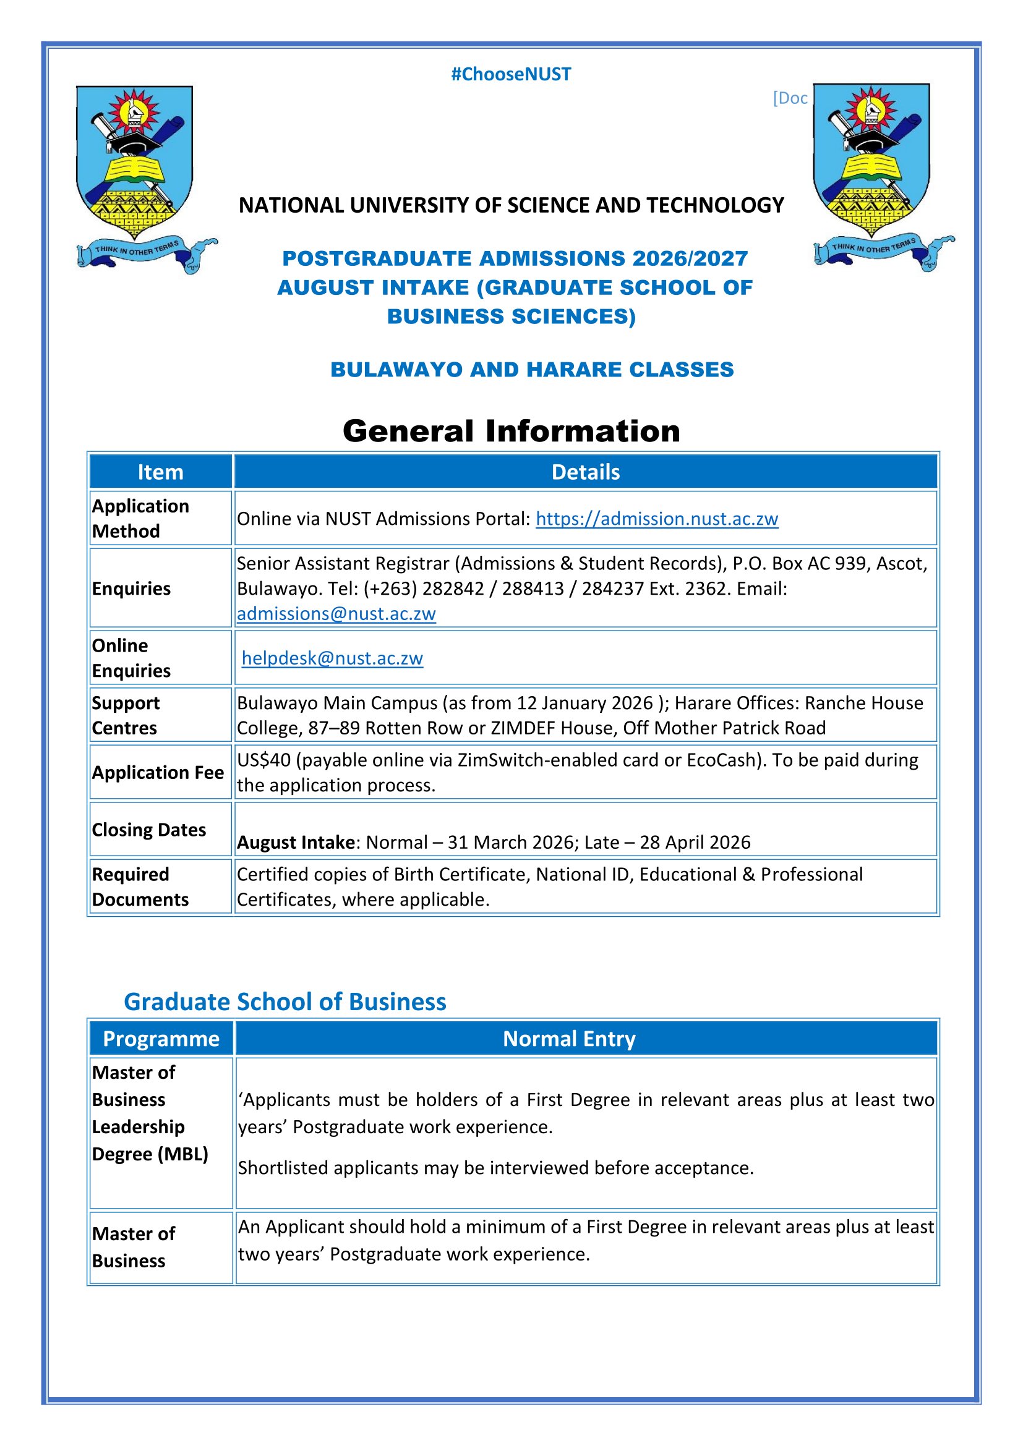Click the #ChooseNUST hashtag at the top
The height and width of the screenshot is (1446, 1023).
pyautogui.click(x=511, y=74)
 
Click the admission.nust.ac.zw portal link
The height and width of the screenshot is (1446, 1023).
pyautogui.click(x=657, y=519)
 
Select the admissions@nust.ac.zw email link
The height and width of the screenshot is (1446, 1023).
pyautogui.click(x=336, y=614)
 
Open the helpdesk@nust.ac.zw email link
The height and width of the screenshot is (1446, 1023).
pyautogui.click(x=333, y=658)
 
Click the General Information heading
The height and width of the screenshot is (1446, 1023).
pyautogui.click(x=511, y=432)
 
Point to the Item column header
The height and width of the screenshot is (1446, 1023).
pyautogui.click(x=161, y=472)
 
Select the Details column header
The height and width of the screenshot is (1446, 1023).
pyautogui.click(x=585, y=472)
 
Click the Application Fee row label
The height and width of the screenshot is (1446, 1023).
pyautogui.click(x=158, y=773)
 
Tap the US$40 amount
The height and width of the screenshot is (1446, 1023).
pyautogui.click(x=264, y=760)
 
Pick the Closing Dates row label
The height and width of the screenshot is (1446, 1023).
pyautogui.click(x=149, y=830)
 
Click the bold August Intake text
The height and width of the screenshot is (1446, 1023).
pyautogui.click(x=296, y=843)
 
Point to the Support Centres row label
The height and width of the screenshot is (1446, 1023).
pyautogui.click(x=126, y=715)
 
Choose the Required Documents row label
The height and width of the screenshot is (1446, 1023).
pyautogui.click(x=140, y=887)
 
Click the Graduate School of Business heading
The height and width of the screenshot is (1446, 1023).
pyautogui.click(x=285, y=1002)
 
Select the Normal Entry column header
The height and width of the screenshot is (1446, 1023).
pyautogui.click(x=569, y=1039)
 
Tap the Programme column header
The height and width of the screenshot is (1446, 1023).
pyautogui.click(x=161, y=1039)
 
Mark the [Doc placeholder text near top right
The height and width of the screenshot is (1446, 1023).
pyautogui.click(x=790, y=98)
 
